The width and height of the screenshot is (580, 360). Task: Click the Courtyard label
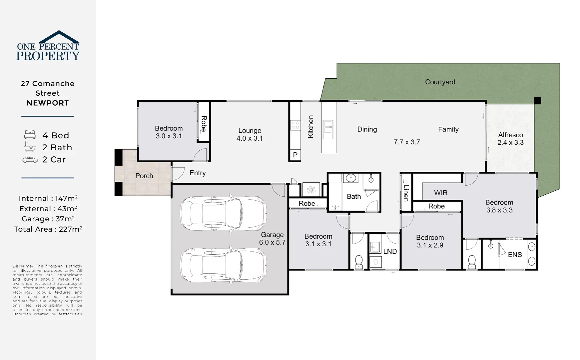[440, 82]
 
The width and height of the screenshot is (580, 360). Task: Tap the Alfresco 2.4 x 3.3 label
[510, 139]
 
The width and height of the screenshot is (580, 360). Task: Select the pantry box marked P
[295, 155]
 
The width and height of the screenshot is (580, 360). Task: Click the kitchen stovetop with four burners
[295, 125]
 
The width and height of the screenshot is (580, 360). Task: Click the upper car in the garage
[223, 212]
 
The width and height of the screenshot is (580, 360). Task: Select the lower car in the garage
[223, 266]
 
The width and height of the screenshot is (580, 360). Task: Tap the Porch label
[144, 176]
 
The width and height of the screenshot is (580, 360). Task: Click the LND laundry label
[390, 252]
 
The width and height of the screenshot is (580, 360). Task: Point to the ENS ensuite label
[515, 255]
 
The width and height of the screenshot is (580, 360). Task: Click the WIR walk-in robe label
[440, 193]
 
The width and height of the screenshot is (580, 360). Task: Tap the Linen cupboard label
[406, 193]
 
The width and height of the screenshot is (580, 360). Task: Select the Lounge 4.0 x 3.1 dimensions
[250, 138]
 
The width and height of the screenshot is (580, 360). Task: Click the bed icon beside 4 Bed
[30, 135]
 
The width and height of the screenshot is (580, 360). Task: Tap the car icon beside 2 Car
[30, 160]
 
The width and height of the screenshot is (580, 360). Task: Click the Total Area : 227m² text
[48, 229]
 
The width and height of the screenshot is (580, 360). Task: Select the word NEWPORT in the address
[48, 103]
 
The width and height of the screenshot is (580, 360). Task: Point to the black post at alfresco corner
[537, 101]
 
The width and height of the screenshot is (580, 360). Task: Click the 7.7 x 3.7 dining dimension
[406, 142]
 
